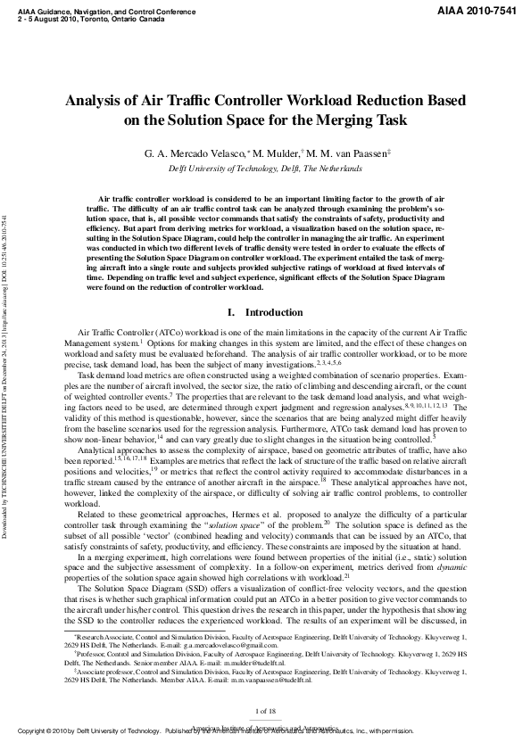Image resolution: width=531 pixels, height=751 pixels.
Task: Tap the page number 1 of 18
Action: pos(265,710)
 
